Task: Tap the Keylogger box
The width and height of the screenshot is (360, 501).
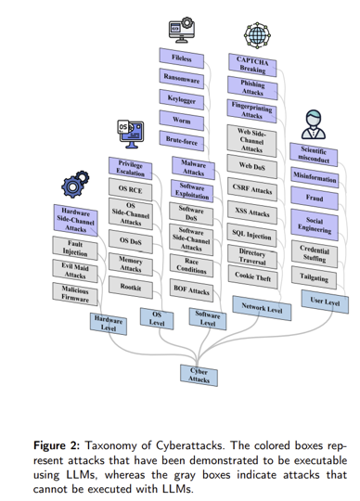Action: click(183, 97)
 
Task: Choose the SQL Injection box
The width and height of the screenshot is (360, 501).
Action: click(251, 235)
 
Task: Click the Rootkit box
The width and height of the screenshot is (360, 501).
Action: click(131, 288)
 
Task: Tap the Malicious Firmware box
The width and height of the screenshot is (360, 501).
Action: click(74, 294)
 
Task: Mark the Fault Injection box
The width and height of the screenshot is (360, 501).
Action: click(74, 248)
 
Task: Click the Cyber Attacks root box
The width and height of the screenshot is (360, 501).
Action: click(199, 375)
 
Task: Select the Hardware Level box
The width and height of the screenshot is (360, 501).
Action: click(108, 323)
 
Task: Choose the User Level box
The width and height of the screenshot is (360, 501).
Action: click(325, 302)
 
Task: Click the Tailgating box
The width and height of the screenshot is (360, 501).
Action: click(314, 277)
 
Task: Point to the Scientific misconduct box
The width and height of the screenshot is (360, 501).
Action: click(315, 153)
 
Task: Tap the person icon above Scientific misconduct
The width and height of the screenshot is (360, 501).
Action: click(315, 125)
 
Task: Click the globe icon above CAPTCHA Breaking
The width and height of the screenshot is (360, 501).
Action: click(251, 31)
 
